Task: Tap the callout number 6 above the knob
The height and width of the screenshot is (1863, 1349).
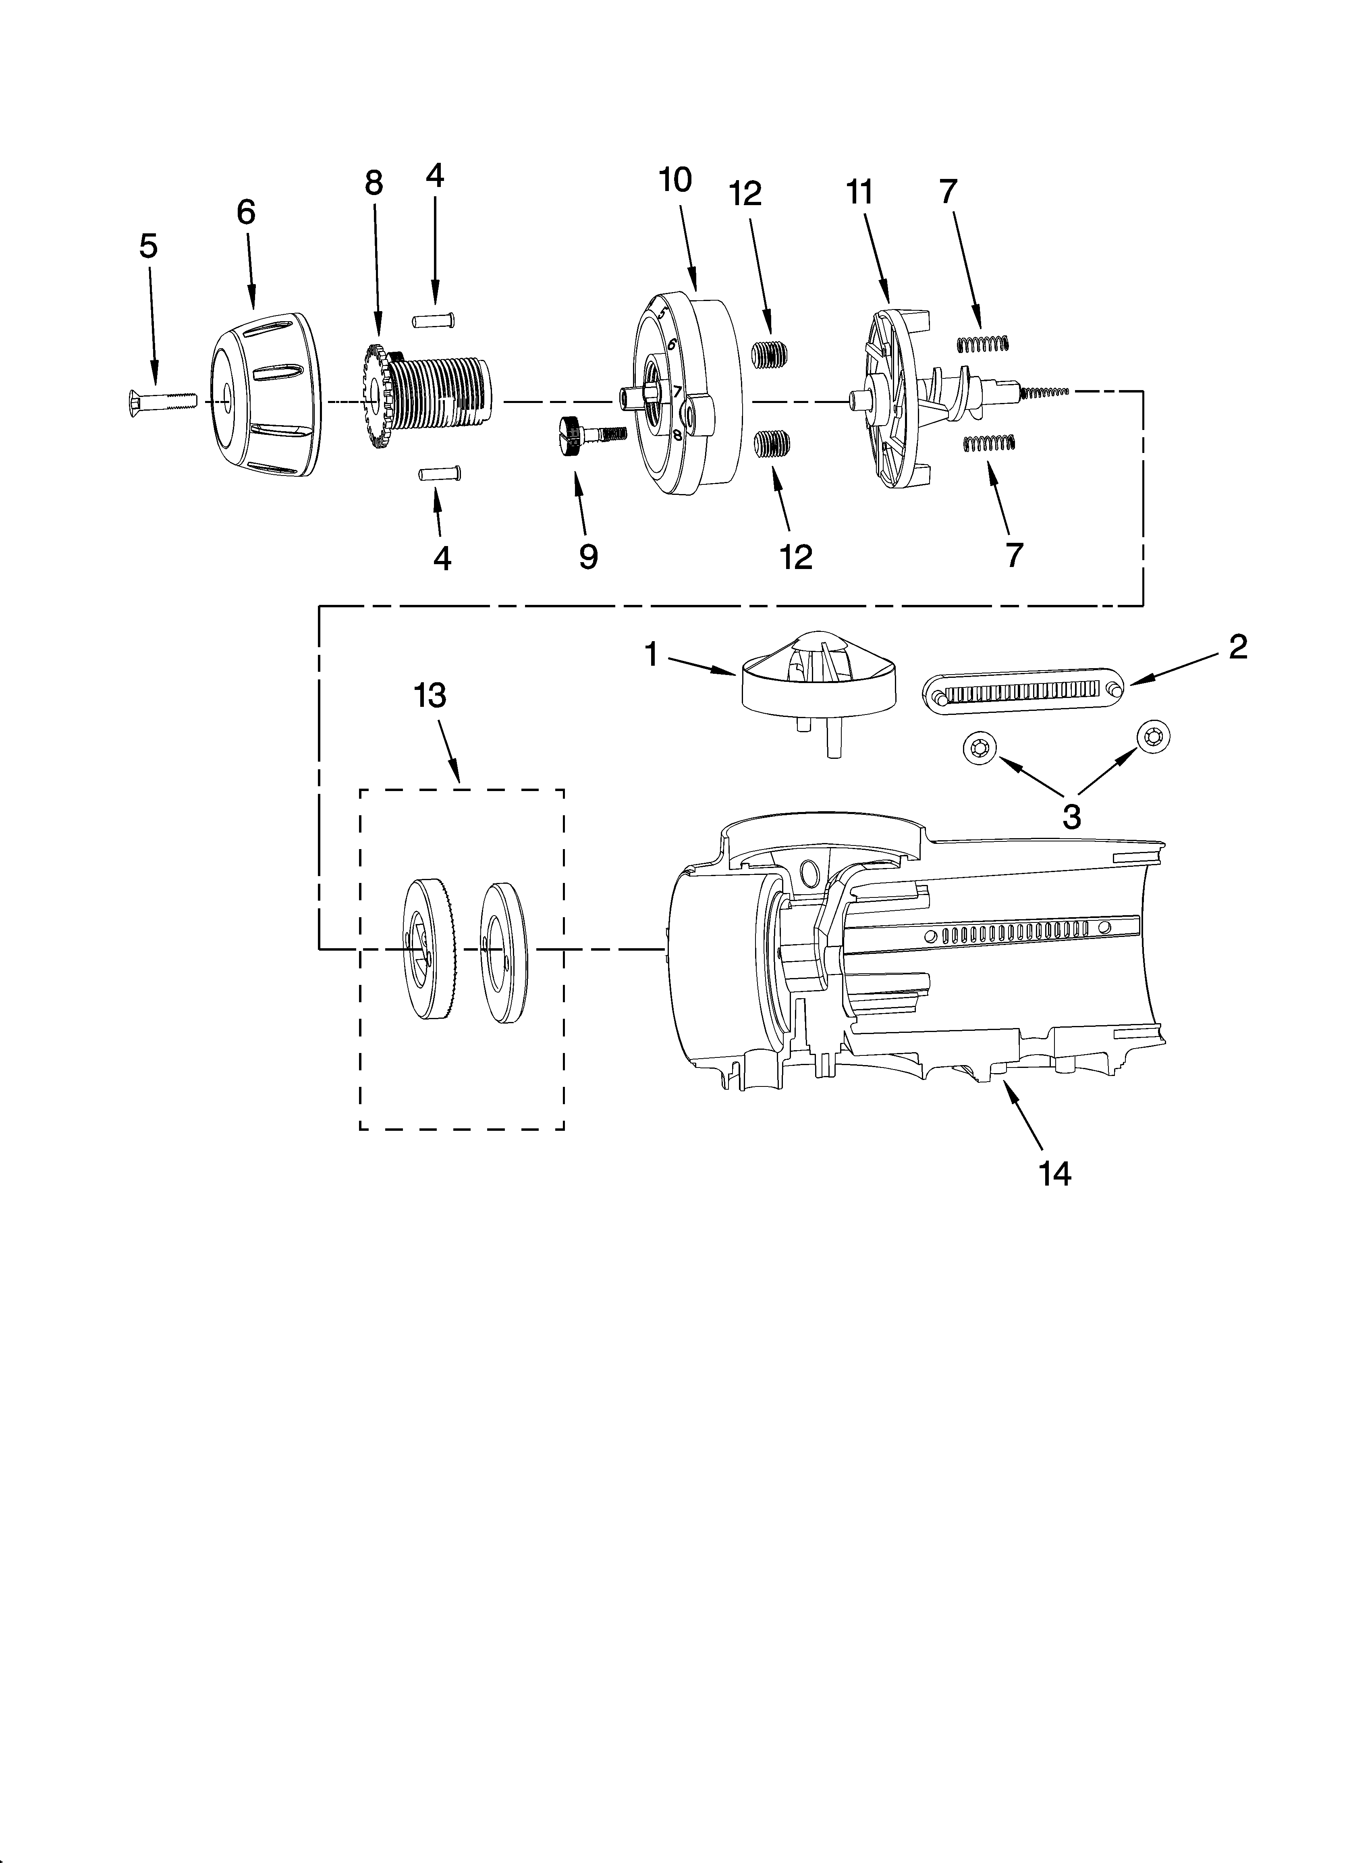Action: point(246,213)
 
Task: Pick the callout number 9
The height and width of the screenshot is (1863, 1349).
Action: point(588,556)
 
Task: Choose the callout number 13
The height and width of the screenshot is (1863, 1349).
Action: point(430,696)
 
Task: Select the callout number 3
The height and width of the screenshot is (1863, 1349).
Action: point(1071,816)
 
